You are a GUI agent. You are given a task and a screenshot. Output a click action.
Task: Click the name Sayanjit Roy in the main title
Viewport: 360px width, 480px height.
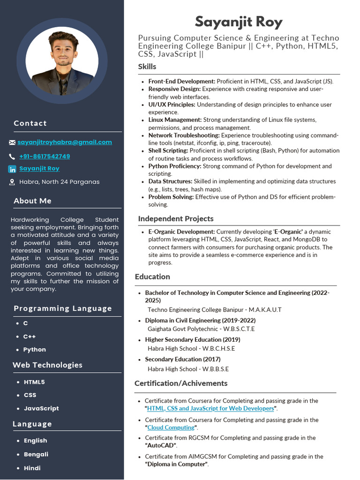pyautogui.click(x=239, y=22)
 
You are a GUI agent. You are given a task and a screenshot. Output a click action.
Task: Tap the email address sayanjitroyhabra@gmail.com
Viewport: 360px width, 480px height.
pyautogui.click(x=65, y=142)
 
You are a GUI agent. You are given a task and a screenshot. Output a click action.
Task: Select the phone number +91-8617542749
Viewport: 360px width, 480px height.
pyautogui.click(x=45, y=156)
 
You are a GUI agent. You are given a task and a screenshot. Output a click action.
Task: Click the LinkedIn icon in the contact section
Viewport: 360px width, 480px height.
pyautogui.click(x=12, y=169)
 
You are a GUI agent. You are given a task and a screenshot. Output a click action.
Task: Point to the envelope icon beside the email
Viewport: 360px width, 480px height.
pyautogui.click(x=12, y=142)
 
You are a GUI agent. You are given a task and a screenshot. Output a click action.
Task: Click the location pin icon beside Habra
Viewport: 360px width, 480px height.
pyautogui.click(x=12, y=182)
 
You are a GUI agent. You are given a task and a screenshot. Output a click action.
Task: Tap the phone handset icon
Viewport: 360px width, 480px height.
pyautogui.click(x=12, y=157)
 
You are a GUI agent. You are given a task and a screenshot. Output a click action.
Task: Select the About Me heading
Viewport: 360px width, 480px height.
pyautogui.click(x=32, y=201)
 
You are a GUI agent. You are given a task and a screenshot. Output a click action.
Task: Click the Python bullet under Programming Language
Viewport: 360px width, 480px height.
pyautogui.click(x=34, y=350)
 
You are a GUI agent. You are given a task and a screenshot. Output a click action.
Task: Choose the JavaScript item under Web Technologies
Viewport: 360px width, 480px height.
pyautogui.click(x=41, y=408)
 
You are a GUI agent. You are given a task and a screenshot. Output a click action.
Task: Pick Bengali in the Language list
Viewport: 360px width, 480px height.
pyautogui.click(x=36, y=454)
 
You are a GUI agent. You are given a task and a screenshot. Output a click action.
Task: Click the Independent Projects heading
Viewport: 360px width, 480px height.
pyautogui.click(x=175, y=218)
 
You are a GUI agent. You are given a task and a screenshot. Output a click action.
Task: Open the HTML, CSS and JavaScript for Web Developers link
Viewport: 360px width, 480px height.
pyautogui.click(x=210, y=408)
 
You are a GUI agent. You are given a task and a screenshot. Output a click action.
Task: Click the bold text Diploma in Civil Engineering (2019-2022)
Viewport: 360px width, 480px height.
pyautogui.click(x=200, y=320)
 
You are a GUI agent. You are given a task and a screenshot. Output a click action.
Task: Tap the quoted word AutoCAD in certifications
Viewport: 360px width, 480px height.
pyautogui.click(x=161, y=445)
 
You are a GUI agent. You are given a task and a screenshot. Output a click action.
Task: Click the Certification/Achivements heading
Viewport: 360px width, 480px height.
pyautogui.click(x=180, y=383)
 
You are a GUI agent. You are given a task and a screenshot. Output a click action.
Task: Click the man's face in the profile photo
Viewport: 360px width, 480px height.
pyautogui.click(x=63, y=50)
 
